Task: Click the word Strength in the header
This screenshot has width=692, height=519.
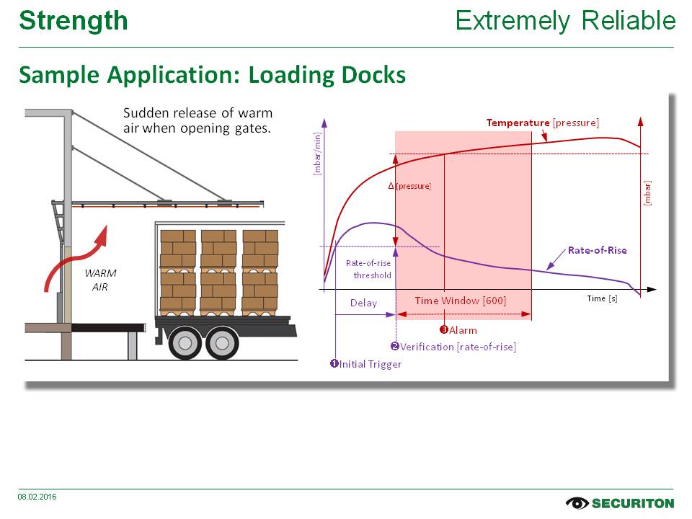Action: point(74,21)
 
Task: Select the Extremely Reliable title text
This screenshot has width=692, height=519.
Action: point(565,21)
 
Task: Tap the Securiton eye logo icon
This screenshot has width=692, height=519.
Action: point(577,502)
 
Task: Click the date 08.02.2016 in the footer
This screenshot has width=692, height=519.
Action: point(37,497)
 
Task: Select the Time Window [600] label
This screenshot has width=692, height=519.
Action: point(460,301)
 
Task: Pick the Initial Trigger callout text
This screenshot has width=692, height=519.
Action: point(365,364)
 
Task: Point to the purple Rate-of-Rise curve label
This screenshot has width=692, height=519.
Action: point(597,250)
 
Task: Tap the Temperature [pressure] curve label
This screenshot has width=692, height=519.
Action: point(542,123)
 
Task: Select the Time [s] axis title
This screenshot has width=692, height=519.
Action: point(602,298)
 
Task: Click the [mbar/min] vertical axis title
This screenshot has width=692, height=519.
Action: point(317,154)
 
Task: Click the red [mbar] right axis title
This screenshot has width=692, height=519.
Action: point(647,192)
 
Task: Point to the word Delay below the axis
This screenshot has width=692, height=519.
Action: point(363,303)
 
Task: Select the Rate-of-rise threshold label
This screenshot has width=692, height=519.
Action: point(368,269)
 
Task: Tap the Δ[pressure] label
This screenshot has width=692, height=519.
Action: point(409,186)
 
